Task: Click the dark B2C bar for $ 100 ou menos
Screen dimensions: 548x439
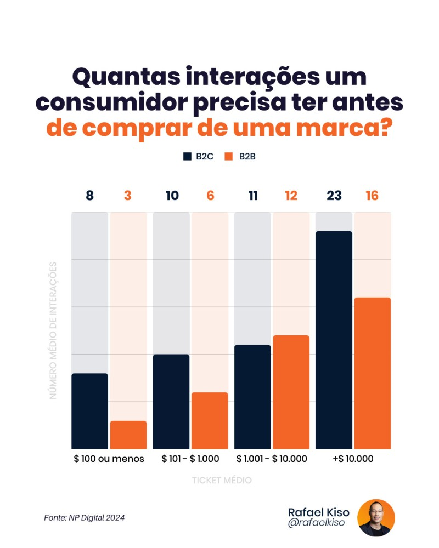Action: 89,411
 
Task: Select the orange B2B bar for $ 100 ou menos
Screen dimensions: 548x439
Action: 128,435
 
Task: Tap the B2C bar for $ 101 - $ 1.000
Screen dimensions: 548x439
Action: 171,401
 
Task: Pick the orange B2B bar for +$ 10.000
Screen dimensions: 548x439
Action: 372,373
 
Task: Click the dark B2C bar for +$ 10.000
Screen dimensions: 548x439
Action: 334,340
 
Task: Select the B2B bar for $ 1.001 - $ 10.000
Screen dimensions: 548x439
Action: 291,392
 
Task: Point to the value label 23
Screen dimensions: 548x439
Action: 334,196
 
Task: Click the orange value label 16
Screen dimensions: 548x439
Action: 372,196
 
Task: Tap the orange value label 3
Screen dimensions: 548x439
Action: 128,196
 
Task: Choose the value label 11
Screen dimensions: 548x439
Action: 253,196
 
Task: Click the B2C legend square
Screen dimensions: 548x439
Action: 187,157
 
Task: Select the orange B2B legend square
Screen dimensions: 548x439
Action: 229,157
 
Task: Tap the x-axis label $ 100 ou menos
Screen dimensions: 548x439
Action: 109,459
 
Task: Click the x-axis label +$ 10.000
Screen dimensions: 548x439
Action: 353,459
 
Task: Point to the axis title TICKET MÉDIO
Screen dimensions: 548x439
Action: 222,480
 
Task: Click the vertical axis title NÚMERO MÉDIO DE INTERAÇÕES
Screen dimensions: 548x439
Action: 53,330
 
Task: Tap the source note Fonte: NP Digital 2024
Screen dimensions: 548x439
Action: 85,517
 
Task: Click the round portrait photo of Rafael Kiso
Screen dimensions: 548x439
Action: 376,517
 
